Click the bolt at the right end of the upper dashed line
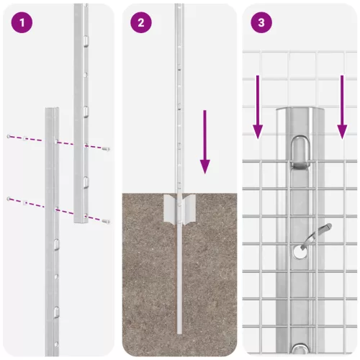(107, 149)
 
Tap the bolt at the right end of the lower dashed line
(107, 222)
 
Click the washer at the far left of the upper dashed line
(9, 136)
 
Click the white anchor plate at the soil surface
(179, 210)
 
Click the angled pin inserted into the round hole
(316, 235)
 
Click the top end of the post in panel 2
(179, 6)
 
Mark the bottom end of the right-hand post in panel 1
(80, 222)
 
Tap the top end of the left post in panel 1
(51, 110)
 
